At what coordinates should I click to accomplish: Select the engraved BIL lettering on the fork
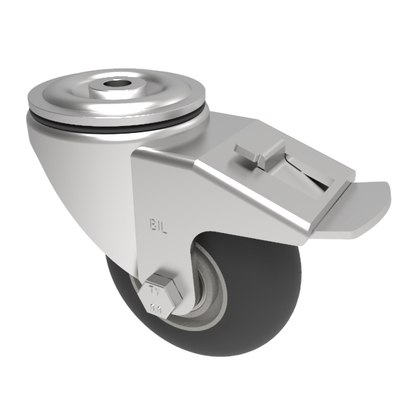[x=159, y=224]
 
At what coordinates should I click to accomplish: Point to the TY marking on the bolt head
[x=157, y=288]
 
